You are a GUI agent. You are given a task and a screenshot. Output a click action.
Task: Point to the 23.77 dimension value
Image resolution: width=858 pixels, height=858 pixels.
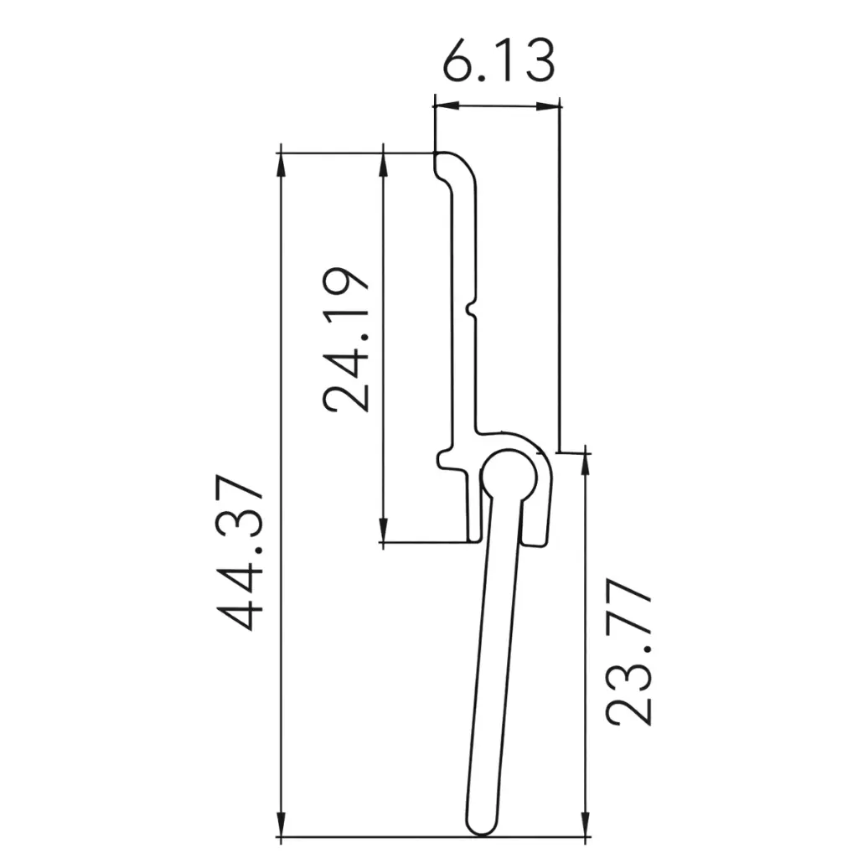coord(629,652)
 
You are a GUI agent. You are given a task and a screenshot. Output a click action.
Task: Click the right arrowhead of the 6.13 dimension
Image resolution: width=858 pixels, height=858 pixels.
coord(552,106)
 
